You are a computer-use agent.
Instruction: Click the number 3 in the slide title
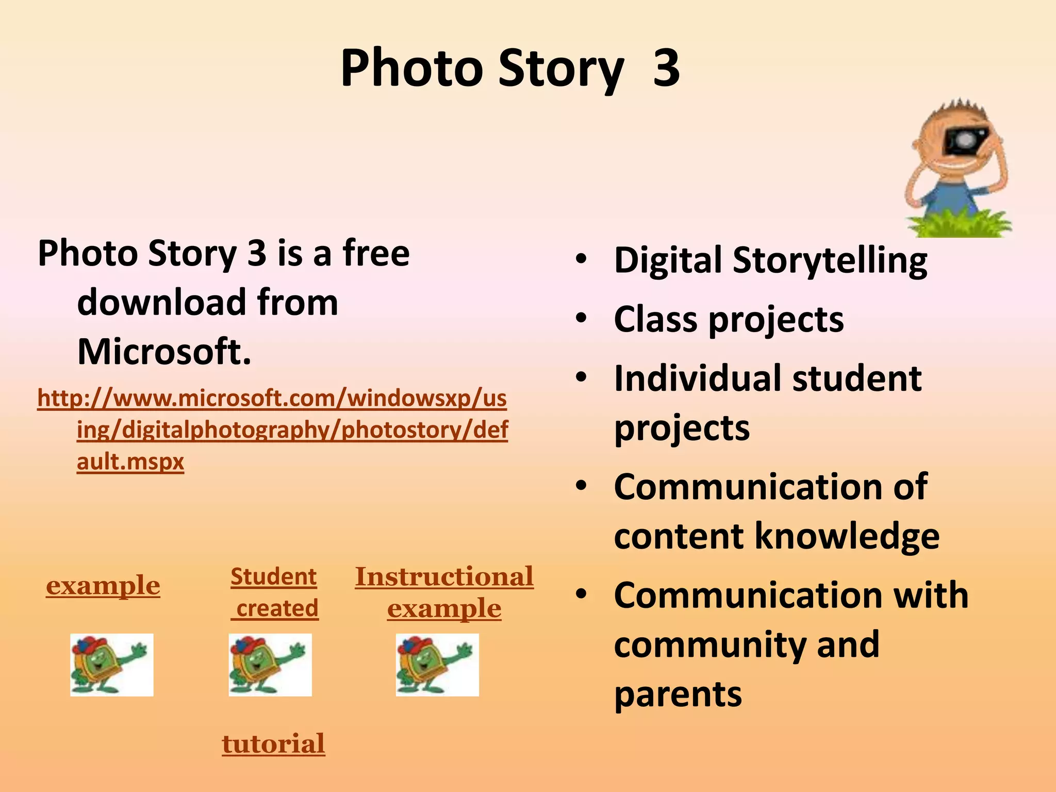pyautogui.click(x=666, y=68)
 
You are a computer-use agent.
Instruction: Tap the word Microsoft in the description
pyautogui.click(x=164, y=352)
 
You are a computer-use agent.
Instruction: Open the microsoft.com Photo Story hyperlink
pyautogui.click(x=272, y=430)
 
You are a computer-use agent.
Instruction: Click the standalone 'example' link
pyautogui.click(x=103, y=586)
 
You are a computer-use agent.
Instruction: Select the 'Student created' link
pyautogui.click(x=274, y=592)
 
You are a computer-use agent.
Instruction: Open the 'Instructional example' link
pyautogui.click(x=444, y=592)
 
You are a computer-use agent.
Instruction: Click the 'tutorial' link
pyautogui.click(x=273, y=744)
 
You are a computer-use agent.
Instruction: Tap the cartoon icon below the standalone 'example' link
pyautogui.click(x=112, y=665)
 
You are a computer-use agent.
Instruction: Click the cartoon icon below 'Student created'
pyautogui.click(x=270, y=665)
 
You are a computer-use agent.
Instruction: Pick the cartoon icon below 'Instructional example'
pyautogui.click(x=437, y=665)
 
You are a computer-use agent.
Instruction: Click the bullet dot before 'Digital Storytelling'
pyautogui.click(x=581, y=260)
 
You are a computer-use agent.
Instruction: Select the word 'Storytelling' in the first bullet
pyautogui.click(x=830, y=260)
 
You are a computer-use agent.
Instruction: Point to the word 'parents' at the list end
pyautogui.click(x=678, y=694)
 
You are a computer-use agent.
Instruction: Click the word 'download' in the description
pyautogui.click(x=160, y=302)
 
